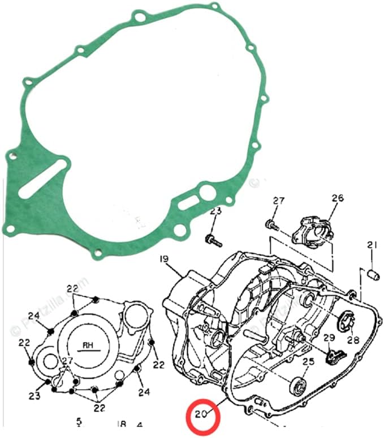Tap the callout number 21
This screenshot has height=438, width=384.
(x=371, y=245)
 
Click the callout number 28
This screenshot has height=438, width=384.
(x=353, y=340)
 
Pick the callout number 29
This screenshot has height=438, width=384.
(x=329, y=338)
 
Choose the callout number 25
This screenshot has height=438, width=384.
(x=308, y=362)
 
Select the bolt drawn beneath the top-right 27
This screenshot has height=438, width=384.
(x=273, y=226)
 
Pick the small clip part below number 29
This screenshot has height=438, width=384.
(x=333, y=356)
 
